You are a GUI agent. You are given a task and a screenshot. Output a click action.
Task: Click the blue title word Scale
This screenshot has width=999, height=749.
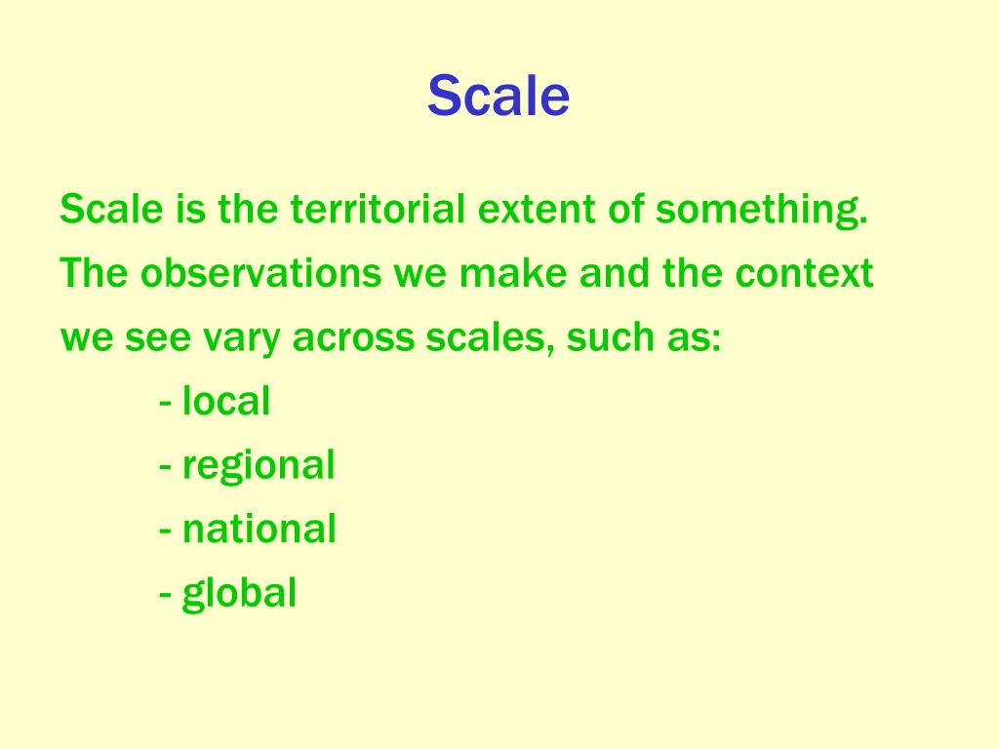[499, 97]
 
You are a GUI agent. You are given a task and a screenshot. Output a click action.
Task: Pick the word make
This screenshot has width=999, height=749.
[516, 274]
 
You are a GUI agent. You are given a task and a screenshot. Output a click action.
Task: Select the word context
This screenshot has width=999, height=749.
[805, 274]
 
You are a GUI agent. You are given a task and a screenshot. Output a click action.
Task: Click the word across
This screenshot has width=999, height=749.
[355, 339]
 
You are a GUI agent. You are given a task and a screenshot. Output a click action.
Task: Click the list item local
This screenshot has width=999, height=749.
[225, 401]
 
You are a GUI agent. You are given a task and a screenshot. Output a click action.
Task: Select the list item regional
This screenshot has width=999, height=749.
[259, 466]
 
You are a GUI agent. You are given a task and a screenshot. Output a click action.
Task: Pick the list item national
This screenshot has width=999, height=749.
[260, 530]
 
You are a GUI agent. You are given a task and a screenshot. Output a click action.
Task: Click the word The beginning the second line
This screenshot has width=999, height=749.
[94, 274]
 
